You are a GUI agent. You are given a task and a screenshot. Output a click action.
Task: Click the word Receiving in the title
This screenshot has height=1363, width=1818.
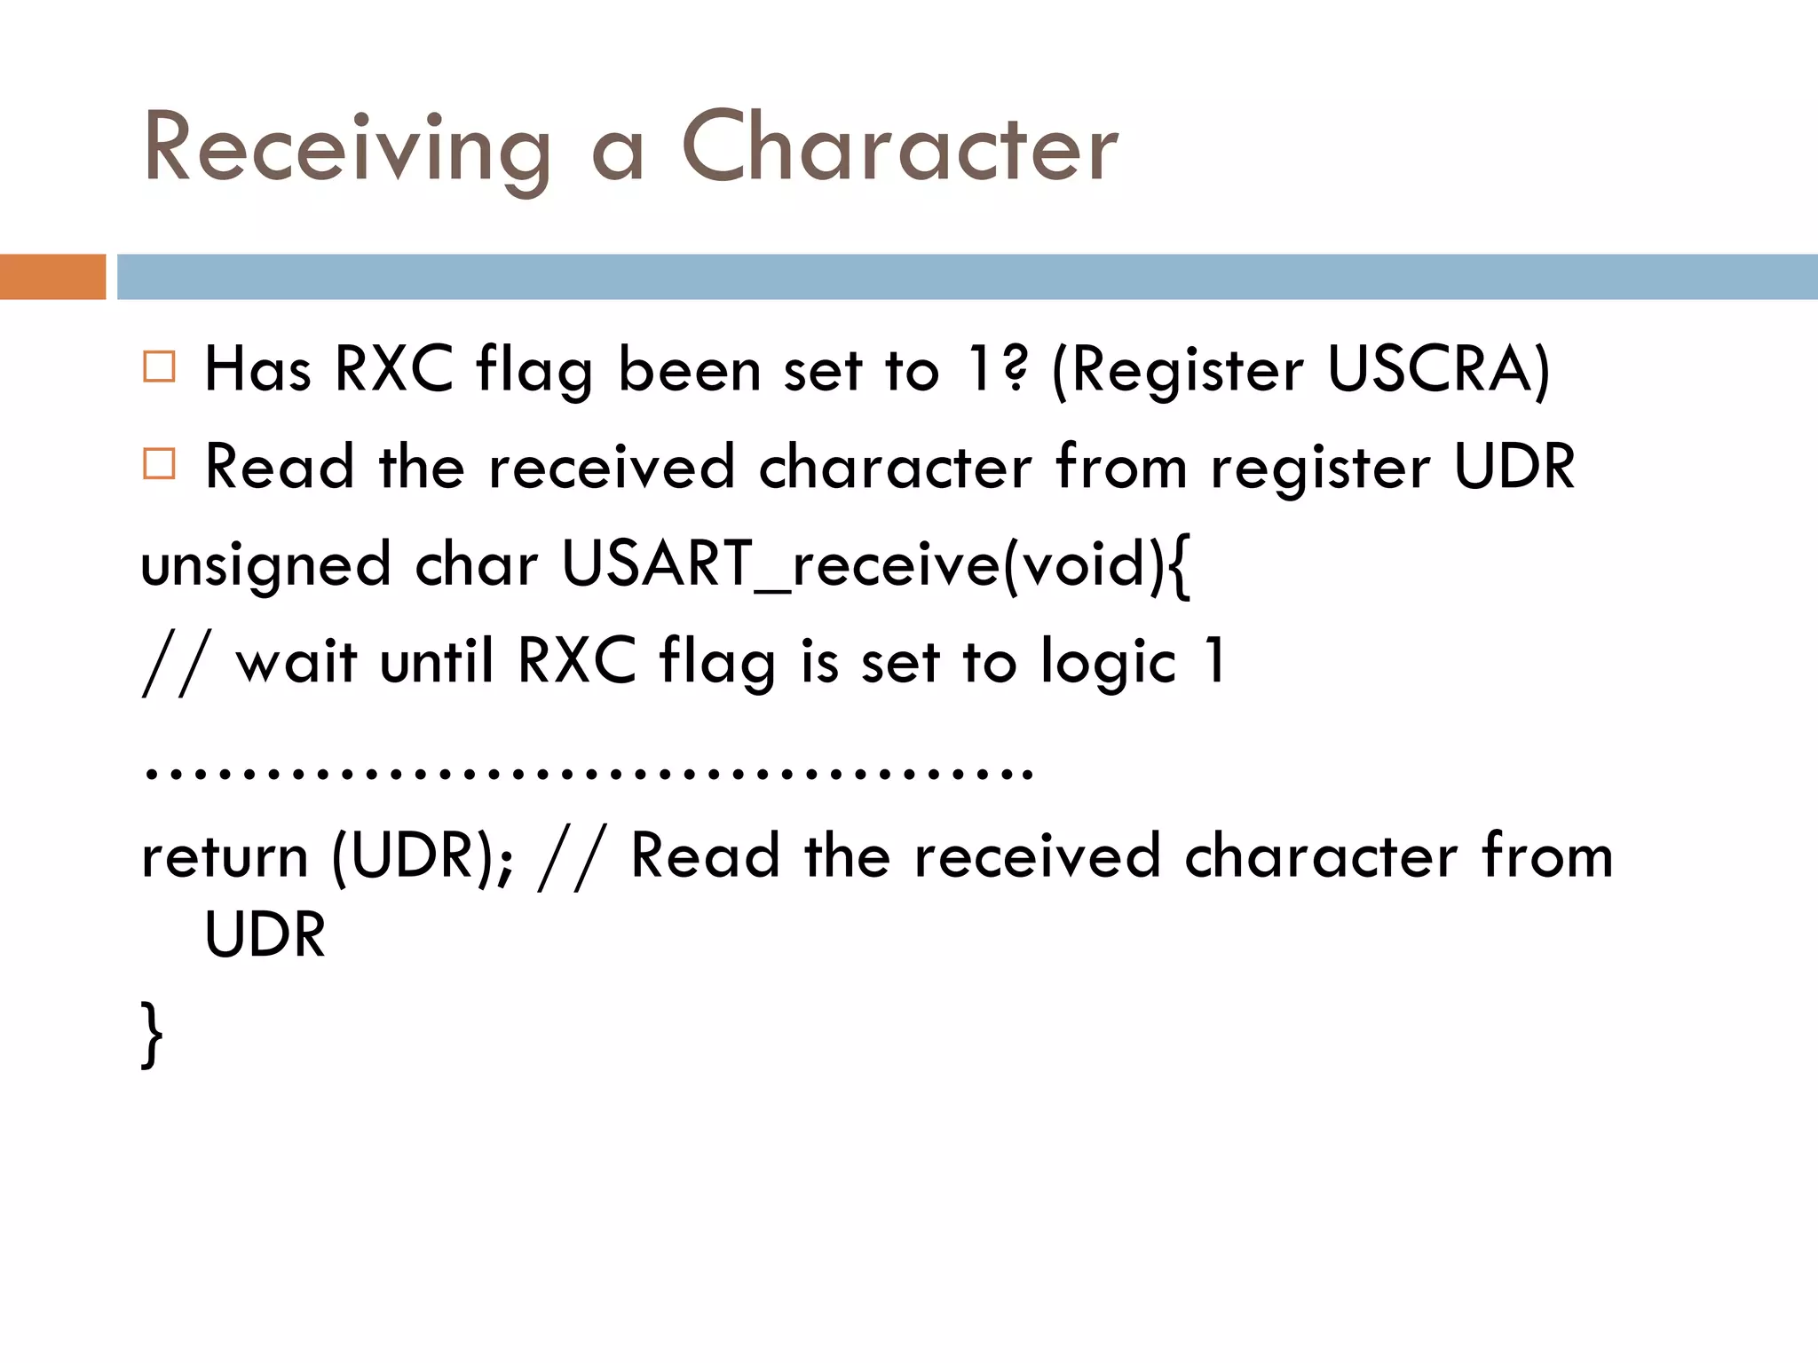(x=347, y=148)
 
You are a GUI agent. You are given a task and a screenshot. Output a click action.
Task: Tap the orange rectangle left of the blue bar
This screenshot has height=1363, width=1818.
(x=52, y=277)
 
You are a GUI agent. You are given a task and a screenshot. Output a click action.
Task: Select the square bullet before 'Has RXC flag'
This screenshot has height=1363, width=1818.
(x=159, y=366)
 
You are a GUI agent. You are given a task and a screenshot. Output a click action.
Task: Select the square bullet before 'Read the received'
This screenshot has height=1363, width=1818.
(x=159, y=463)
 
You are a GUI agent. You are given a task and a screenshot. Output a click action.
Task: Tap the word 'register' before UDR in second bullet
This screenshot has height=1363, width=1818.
(x=1320, y=468)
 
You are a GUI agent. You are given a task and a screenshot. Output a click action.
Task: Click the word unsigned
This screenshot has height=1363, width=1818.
(x=265, y=565)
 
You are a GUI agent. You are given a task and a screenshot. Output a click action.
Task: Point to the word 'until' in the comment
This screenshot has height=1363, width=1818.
(x=436, y=661)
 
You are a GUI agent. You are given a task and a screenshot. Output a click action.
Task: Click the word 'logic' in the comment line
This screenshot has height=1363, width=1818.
(x=1108, y=663)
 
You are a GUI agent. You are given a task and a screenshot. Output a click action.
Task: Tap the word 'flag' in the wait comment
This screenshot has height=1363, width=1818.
(x=717, y=663)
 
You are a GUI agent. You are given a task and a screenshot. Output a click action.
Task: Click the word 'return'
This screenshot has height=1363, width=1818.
(x=225, y=856)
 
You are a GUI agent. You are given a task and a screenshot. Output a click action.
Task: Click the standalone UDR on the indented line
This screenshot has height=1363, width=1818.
(x=265, y=934)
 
